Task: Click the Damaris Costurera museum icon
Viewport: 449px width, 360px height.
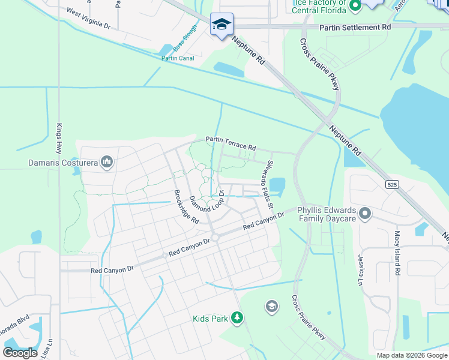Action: (x=107, y=162)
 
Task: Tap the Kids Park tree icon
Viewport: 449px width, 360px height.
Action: (x=238, y=318)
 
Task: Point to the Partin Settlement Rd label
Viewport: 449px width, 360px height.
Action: (x=355, y=28)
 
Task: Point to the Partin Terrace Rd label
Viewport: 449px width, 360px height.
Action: (x=231, y=143)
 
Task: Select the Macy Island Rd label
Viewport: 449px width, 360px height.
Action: (x=397, y=253)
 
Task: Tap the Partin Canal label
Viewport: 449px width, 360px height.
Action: (x=177, y=58)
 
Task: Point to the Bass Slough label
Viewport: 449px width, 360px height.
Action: (x=185, y=38)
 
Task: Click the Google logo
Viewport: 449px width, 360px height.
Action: (x=20, y=353)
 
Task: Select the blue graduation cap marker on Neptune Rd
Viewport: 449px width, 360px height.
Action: (x=221, y=25)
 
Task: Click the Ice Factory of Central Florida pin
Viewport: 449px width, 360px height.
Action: (x=354, y=7)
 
